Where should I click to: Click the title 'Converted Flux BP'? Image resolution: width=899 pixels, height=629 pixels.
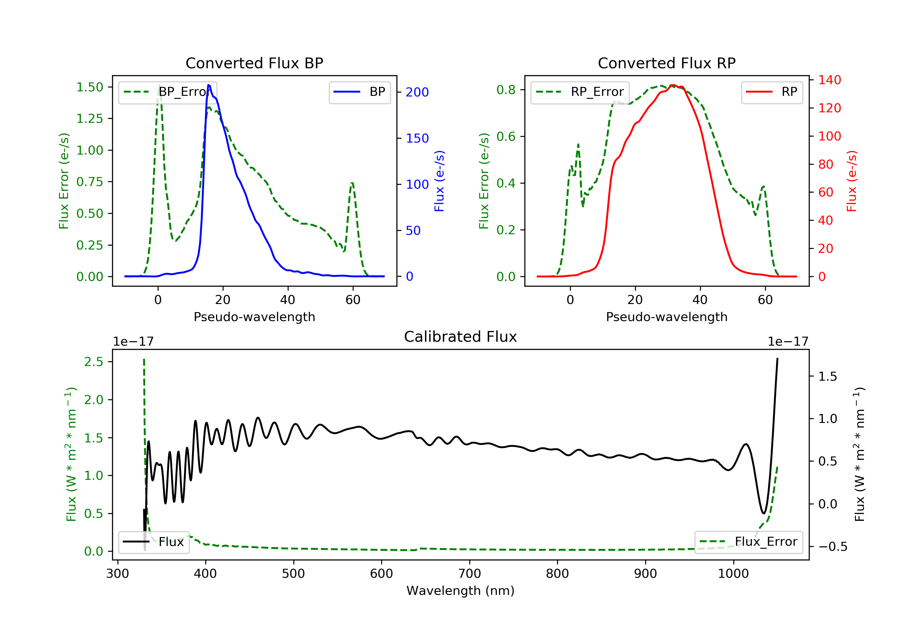(254, 63)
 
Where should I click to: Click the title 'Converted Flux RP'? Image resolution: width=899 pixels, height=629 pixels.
(666, 63)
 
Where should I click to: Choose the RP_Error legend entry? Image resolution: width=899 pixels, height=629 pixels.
(580, 92)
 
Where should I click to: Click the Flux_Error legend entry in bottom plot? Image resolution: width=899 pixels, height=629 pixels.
(748, 542)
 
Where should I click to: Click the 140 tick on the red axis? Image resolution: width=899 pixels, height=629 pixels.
(829, 80)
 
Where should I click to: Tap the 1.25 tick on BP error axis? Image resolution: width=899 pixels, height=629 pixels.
(90, 119)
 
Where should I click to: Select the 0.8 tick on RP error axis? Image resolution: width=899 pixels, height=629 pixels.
(506, 90)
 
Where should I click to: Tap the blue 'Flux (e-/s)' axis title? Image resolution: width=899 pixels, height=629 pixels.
(439, 181)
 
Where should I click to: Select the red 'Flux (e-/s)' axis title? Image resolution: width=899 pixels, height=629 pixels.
(852, 181)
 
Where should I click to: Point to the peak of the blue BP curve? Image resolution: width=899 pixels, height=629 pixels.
(209, 85)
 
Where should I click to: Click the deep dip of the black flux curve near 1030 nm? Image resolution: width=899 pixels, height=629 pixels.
(764, 513)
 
